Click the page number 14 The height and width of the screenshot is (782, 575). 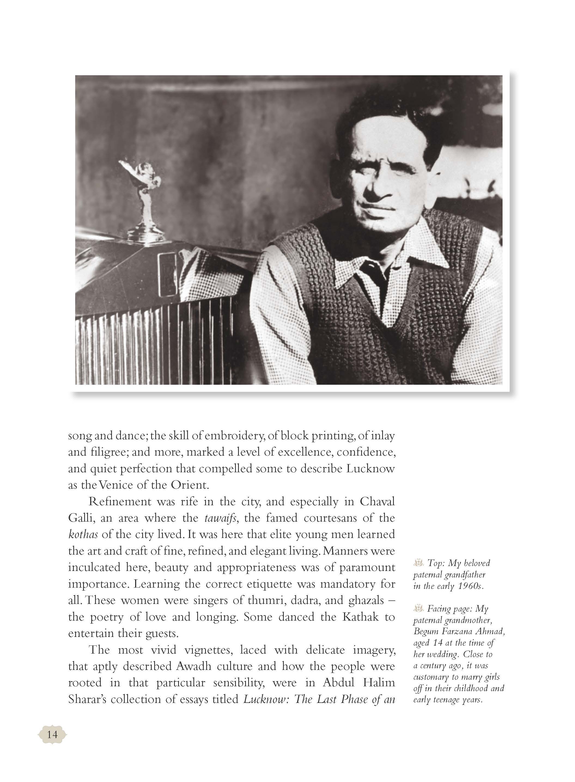pyautogui.click(x=52, y=735)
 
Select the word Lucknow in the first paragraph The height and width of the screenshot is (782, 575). pyautogui.click(x=370, y=468)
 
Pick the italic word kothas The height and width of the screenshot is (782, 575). pyautogui.click(x=83, y=534)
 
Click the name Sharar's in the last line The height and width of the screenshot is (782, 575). pyautogui.click(x=86, y=699)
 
